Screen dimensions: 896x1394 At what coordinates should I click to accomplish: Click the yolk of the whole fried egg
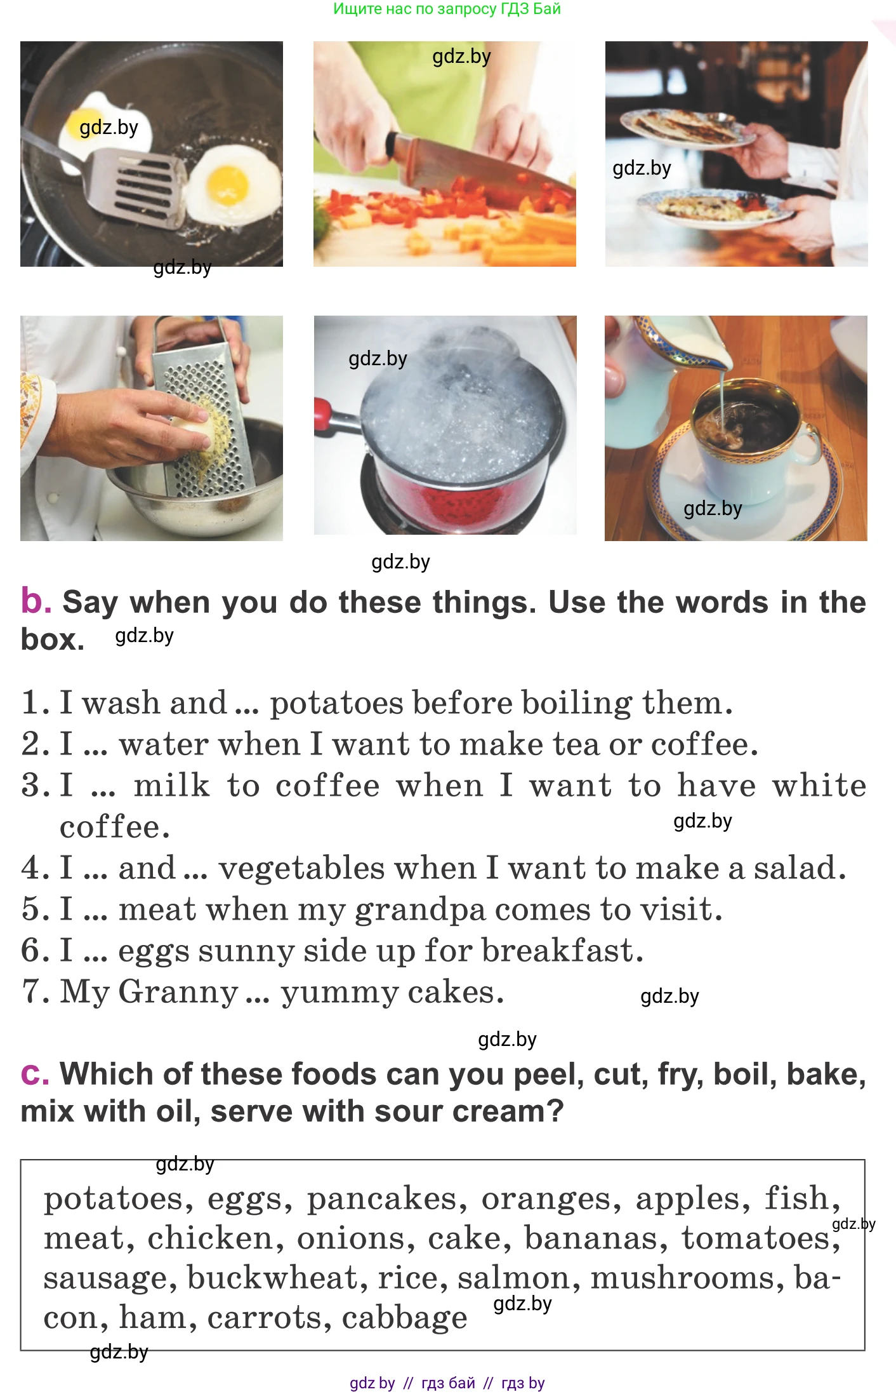tap(228, 184)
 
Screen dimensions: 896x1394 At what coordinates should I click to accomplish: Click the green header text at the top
tap(447, 9)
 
